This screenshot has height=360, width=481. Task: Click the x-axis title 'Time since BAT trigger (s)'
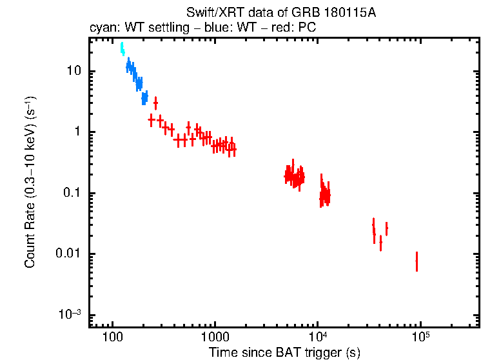[284, 352]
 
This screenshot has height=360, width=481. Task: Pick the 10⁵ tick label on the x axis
[420, 337]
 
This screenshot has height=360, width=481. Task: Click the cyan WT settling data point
[122, 49]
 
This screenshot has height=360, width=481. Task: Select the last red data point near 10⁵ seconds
[417, 261]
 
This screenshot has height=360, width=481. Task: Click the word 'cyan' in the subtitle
[101, 28]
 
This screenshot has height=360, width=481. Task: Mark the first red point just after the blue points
[151, 120]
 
